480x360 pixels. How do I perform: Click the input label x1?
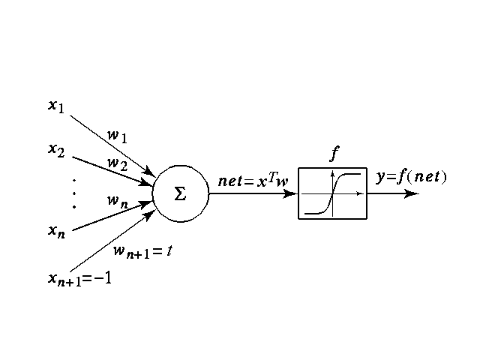point(55,107)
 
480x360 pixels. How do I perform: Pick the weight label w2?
point(116,162)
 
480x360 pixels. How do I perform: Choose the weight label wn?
point(116,200)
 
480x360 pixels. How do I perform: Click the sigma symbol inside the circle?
point(180,193)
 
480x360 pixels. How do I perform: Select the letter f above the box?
point(334,155)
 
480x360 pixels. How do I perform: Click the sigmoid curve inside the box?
point(332,193)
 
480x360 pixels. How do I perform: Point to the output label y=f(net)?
point(410,177)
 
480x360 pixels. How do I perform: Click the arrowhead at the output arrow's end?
point(412,193)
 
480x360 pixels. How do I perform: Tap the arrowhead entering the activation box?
point(291,193)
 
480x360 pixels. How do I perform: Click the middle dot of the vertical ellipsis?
point(74,193)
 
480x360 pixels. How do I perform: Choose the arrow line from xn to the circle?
point(105,217)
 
